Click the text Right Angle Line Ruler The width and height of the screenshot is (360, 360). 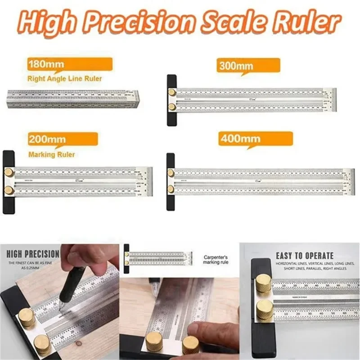(64, 79)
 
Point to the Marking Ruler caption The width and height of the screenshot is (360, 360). (51, 155)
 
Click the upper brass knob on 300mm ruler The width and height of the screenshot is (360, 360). (172, 92)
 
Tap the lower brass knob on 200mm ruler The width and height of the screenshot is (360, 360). (9, 190)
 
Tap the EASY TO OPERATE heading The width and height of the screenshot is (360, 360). (305, 256)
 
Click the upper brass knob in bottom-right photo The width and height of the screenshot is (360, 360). (264, 284)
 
